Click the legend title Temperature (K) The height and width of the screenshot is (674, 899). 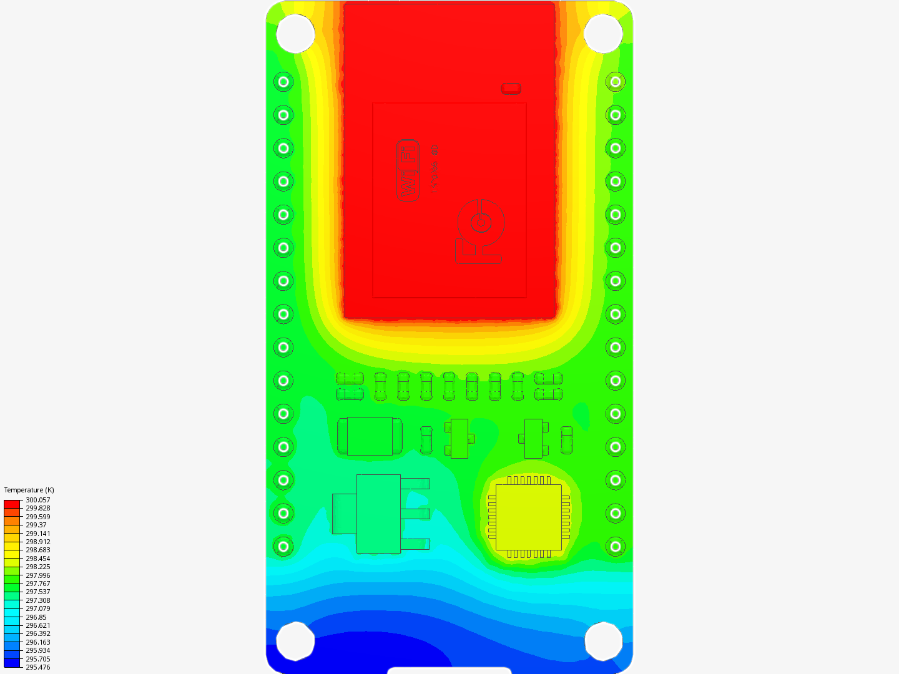29,490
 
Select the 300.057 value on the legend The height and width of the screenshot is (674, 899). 37,500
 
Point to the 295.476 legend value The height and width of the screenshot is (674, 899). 37,667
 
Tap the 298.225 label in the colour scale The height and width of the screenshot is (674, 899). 37,567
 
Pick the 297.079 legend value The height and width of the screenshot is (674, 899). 37,608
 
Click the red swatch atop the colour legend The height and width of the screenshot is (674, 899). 12,504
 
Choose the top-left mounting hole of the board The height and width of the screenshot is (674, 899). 295,33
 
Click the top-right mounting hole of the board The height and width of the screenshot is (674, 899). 603,33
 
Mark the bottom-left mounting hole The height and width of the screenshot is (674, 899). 295,641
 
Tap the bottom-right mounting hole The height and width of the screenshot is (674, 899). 603,641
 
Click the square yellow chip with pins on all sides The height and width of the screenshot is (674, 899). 529,517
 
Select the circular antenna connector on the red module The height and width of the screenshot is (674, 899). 480,222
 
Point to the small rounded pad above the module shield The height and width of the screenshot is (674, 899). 511,89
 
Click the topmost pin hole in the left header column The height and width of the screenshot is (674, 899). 283,82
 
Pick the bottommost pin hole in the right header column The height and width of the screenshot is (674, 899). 616,547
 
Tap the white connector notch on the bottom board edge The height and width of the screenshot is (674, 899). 449,670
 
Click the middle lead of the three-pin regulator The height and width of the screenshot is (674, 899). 415,514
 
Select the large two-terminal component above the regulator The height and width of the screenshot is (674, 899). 370,436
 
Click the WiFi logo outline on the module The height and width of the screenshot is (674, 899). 408,170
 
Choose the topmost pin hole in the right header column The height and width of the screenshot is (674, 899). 616,82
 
